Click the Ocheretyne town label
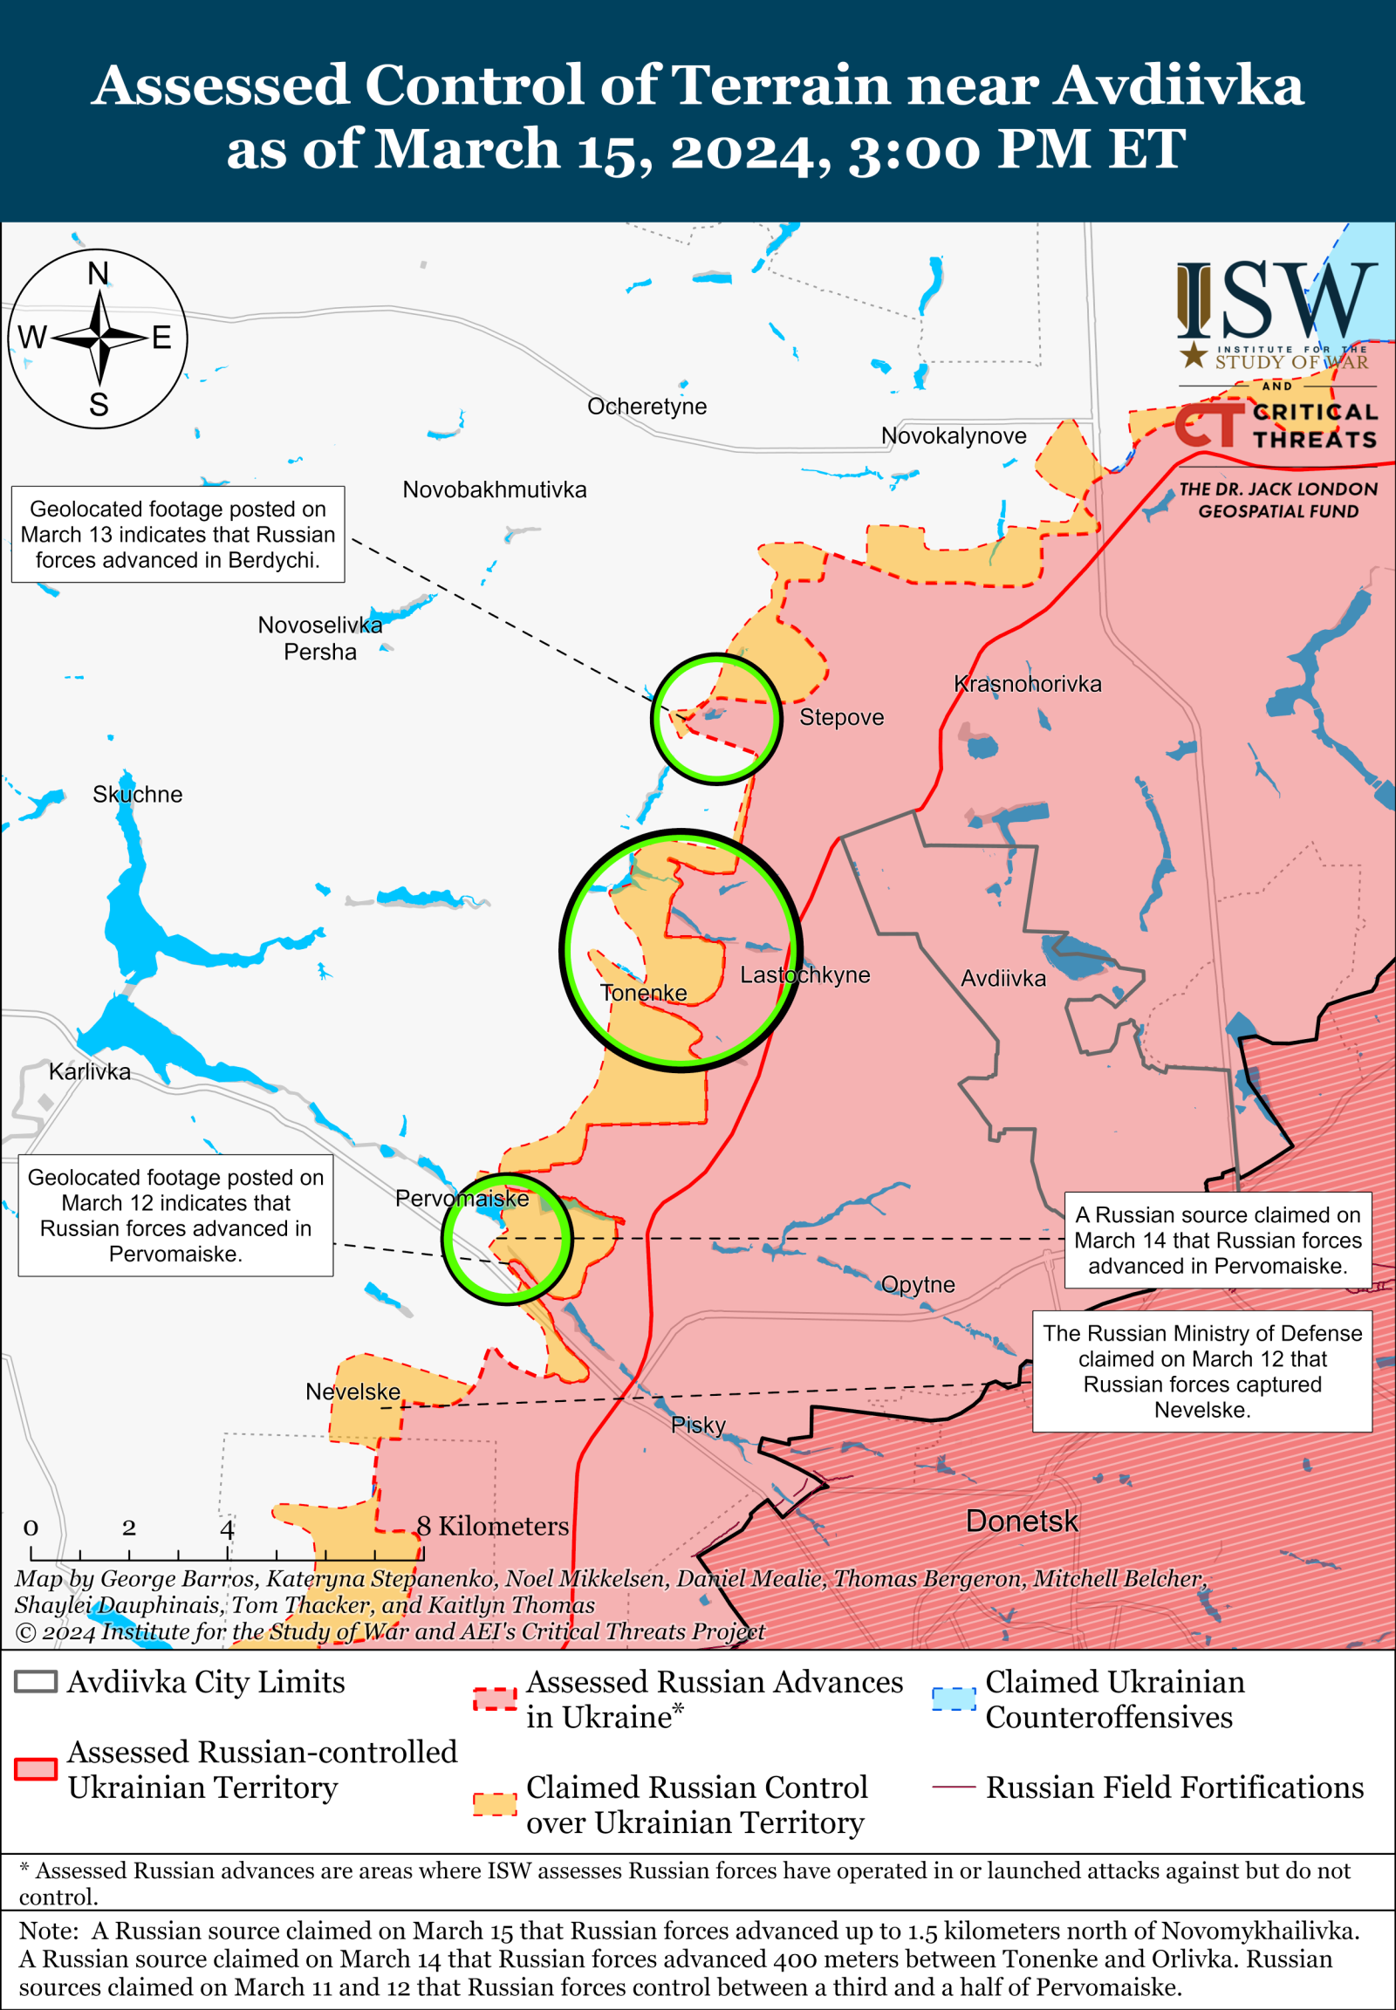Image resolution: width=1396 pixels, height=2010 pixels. tap(647, 407)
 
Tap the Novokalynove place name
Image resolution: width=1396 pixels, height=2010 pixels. tap(954, 435)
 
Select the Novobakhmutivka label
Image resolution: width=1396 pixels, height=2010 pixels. tap(494, 489)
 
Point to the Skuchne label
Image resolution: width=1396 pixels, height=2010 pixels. tap(137, 794)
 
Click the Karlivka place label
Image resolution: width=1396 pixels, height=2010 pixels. tap(89, 1071)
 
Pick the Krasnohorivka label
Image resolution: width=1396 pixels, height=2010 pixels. tap(1027, 684)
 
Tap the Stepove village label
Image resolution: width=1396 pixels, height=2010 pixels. tap(841, 717)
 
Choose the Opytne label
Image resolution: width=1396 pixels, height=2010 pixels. tap(918, 1284)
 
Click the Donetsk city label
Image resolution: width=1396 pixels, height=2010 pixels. tap(1022, 1521)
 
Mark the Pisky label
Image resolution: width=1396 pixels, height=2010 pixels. tap(698, 1425)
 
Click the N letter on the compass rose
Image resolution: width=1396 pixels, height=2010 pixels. tap(98, 274)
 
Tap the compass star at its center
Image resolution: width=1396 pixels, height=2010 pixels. tap(99, 338)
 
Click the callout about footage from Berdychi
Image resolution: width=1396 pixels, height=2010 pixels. tap(178, 535)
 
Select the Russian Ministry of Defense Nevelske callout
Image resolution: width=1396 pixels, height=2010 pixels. tap(1201, 1371)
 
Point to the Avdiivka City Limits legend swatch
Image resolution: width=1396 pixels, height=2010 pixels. tap(36, 1681)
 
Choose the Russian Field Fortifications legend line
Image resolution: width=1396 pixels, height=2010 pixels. tap(954, 1787)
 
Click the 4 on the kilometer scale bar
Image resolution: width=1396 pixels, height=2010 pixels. tap(227, 1528)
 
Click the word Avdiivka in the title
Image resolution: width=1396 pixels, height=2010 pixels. tap(1178, 85)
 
